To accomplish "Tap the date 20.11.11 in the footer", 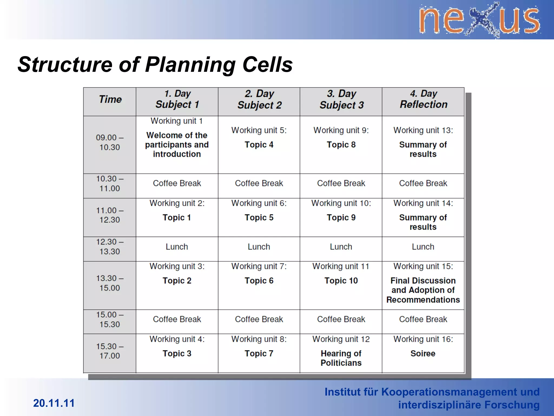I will pos(54,403).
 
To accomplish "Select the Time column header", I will pos(110,99).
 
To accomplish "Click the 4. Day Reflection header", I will pos(423,99).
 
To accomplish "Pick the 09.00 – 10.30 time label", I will pos(110,142).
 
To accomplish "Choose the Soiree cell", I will pos(423,353).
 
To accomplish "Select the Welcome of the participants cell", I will pos(177,144).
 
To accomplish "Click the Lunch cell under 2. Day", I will pos(259,247).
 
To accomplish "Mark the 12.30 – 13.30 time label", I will pos(110,247).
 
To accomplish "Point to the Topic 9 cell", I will pos(341,217).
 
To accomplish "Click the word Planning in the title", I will pos(190,65).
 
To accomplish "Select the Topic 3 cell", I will pos(177,353).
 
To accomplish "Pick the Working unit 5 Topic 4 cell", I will pos(259,144).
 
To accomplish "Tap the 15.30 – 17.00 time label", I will pos(110,351).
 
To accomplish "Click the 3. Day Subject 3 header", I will pos(341,99).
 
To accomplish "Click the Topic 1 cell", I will pos(177,217).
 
